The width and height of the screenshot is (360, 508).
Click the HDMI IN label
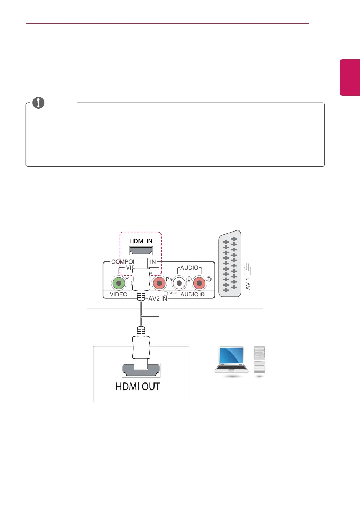coord(141,241)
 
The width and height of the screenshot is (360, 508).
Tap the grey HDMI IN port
coord(141,250)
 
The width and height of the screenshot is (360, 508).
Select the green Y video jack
coord(118,283)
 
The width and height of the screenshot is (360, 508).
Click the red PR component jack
coord(159,283)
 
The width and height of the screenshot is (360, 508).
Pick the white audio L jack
coord(179,283)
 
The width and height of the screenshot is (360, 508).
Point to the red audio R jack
coord(199,283)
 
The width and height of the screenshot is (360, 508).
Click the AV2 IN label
coord(158,298)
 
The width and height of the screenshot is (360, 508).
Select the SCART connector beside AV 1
coord(230,264)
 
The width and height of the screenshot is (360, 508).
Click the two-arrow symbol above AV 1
coord(247,268)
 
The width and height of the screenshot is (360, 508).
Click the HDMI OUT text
coord(138,387)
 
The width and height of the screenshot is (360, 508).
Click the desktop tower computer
coord(260,359)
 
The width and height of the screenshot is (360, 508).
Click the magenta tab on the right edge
coord(350,77)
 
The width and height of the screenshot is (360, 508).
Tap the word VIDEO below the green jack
coord(119,294)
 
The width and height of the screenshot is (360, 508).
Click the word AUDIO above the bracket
coord(189,268)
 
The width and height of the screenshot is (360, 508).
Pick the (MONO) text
coord(173,293)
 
